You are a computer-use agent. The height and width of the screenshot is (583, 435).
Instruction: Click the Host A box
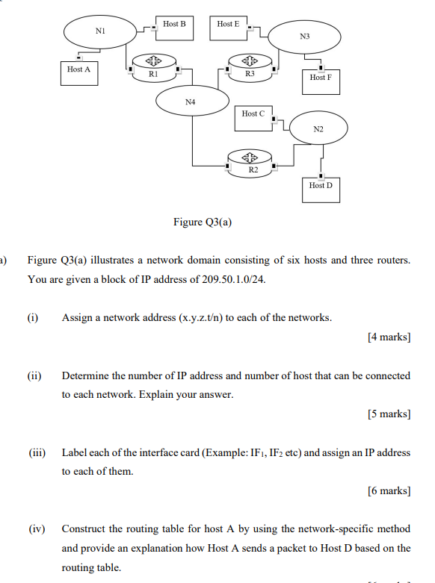79,73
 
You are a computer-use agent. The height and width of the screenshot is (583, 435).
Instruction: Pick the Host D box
321,189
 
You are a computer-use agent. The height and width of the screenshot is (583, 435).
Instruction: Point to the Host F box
321,81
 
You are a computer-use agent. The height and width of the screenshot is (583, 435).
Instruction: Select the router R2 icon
252,162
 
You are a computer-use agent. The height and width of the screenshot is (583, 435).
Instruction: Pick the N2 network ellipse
318,129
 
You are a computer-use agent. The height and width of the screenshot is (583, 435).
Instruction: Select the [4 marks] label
389,337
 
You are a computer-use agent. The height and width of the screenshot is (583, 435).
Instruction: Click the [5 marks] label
389,414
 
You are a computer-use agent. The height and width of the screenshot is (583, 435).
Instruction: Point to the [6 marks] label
389,490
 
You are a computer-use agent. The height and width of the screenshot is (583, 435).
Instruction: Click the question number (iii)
37,452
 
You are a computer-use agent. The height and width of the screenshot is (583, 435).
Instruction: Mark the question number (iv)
37,529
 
